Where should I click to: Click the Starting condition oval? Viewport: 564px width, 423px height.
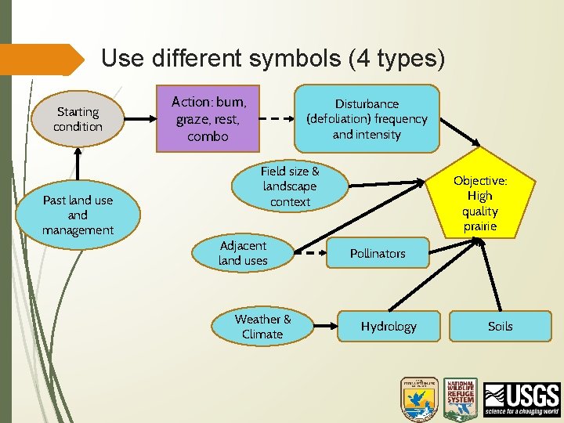point(78,120)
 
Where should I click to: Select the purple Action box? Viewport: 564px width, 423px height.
point(208,118)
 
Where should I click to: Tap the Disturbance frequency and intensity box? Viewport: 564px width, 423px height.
point(367,118)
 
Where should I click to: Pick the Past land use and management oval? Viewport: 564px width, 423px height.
point(78,215)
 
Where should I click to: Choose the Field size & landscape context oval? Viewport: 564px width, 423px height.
point(289,186)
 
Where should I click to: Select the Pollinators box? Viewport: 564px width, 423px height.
point(378,253)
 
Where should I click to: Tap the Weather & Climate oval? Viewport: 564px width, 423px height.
point(262,326)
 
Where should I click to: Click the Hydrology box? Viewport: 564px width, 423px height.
point(389,326)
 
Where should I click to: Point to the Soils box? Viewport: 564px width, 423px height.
point(500,326)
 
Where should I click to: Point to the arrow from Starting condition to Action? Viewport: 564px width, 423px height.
point(138,119)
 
